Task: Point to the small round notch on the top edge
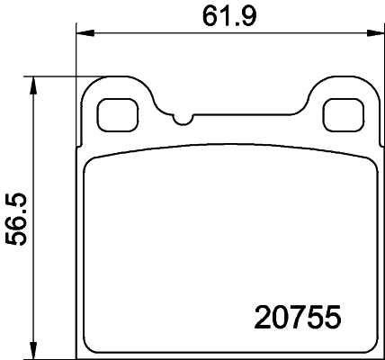183,119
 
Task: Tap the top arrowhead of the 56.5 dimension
34,84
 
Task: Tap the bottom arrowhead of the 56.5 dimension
34,351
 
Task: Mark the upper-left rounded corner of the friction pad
91,157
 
